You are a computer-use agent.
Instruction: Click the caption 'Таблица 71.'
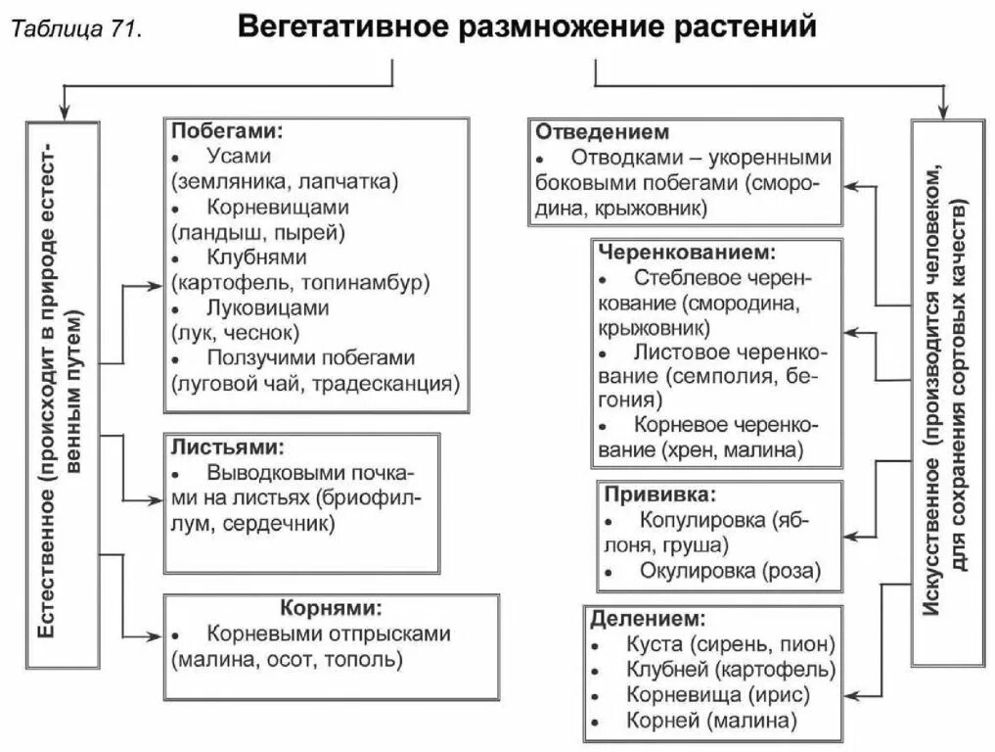[76, 30]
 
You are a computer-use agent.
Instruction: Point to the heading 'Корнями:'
[324, 607]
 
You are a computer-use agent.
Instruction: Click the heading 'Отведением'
[602, 131]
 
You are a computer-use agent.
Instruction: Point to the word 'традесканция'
[393, 383]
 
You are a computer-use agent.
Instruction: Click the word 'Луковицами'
[267, 307]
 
